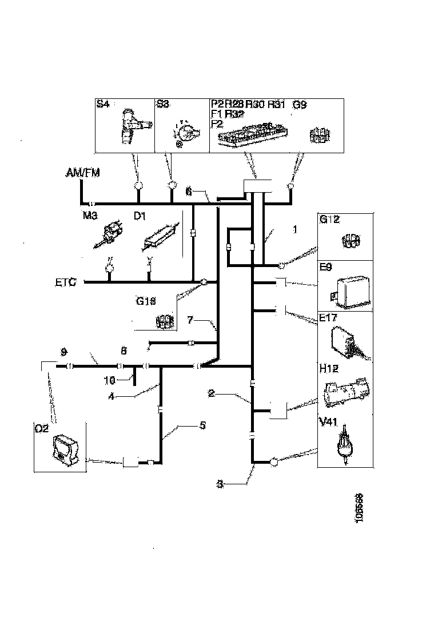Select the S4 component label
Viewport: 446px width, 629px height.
click(x=103, y=104)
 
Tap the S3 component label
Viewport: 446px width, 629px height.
click(x=162, y=104)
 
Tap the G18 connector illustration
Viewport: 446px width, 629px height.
click(x=165, y=321)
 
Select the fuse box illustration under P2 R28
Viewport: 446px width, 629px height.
click(x=252, y=136)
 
